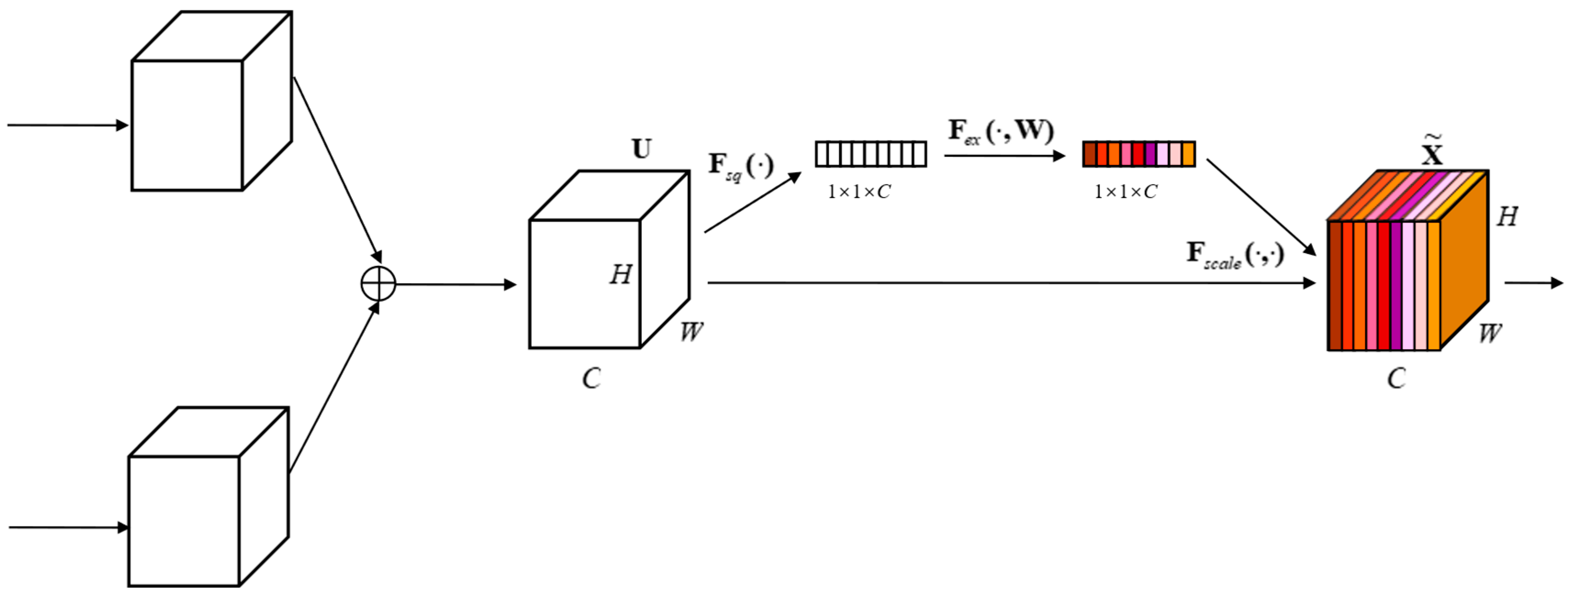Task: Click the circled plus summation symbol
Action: [378, 283]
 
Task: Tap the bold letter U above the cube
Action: [641, 149]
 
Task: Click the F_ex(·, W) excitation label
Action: [1001, 132]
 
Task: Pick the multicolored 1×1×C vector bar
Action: [1138, 154]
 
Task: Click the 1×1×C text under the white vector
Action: [859, 192]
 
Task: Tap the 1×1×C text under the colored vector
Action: [1125, 192]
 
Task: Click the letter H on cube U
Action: [621, 275]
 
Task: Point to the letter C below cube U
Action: [591, 379]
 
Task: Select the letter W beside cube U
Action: [691, 332]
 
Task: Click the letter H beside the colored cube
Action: [1508, 217]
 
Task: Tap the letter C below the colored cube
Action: [1396, 379]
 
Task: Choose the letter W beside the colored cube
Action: [1490, 334]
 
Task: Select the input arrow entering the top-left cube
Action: [67, 126]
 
